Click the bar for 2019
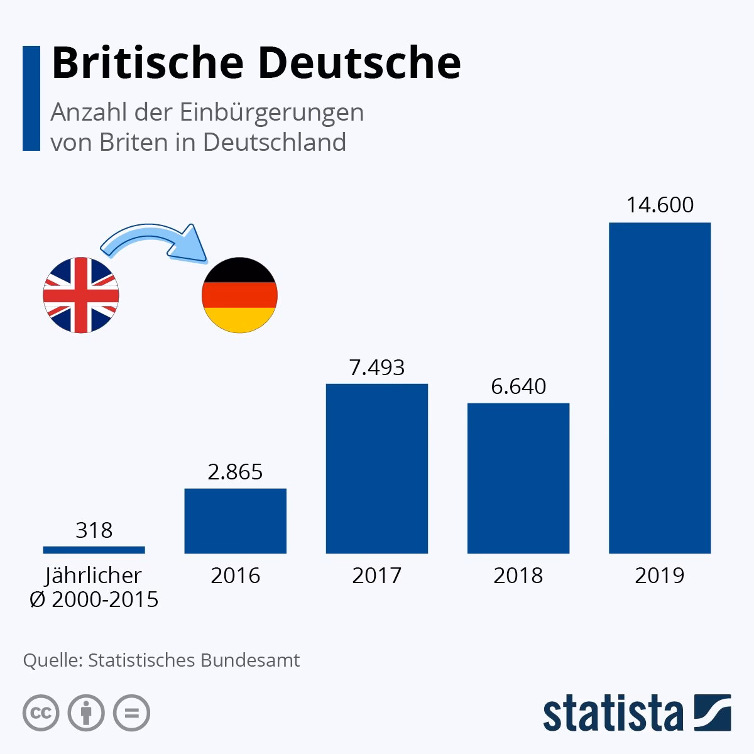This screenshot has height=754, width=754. [x=660, y=388]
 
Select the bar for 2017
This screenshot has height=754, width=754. [x=376, y=468]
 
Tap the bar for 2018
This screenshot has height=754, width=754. [x=518, y=478]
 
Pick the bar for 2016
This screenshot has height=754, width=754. [x=235, y=521]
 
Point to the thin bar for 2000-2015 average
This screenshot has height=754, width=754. [x=94, y=550]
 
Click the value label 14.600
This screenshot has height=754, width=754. [x=660, y=205]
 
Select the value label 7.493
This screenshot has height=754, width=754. [x=376, y=367]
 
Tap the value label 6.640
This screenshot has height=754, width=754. [x=518, y=386]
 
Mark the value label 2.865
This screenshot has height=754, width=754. [x=235, y=472]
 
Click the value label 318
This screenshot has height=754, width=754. [x=94, y=530]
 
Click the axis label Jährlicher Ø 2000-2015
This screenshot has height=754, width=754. [x=94, y=587]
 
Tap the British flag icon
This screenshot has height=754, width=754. [x=80, y=295]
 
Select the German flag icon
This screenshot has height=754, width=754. [x=239, y=295]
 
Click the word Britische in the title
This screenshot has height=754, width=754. [x=148, y=63]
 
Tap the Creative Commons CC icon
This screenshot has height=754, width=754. [x=41, y=713]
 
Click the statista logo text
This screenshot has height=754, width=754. [x=613, y=713]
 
